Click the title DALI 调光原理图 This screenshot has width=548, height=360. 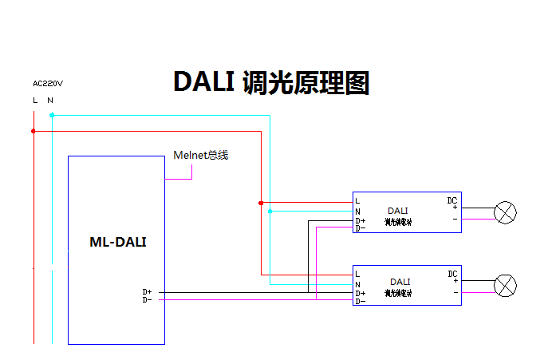tap(271, 82)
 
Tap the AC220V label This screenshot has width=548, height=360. tap(48, 83)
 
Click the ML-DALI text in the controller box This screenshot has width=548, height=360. tap(117, 242)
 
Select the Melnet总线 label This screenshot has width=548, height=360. tap(200, 155)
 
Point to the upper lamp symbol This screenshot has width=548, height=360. tap(506, 212)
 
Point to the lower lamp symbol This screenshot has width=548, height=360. tap(506, 286)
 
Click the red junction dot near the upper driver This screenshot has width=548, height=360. tap(261, 203)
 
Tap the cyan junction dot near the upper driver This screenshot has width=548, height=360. tap(270, 212)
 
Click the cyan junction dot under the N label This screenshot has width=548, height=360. tap(52, 115)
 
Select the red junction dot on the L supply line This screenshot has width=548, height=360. tap(34, 131)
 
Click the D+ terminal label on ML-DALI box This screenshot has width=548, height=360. tap(147, 292)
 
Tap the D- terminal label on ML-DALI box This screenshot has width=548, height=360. tap(147, 300)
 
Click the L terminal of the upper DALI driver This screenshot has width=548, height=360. tap(357, 200)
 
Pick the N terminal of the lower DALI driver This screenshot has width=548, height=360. tap(357, 284)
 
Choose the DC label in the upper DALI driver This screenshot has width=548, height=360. tap(452, 200)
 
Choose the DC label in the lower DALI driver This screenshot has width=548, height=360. tap(452, 274)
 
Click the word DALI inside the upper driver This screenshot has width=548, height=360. tap(397, 210)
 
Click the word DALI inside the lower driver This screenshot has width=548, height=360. tap(400, 282)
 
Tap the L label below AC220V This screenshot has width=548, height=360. tap(35, 100)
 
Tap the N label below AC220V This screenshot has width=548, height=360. tap(50, 100)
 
